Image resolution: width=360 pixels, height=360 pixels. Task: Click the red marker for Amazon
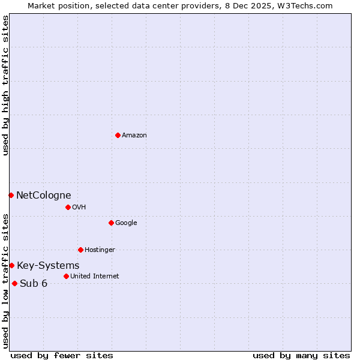pos(118,135)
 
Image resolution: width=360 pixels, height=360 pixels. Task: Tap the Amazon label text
pos(134,136)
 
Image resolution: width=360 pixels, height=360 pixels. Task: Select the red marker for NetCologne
pos(11,195)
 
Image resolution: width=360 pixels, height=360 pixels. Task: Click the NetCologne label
pos(43,195)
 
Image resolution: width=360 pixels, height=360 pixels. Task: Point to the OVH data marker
pos(68,207)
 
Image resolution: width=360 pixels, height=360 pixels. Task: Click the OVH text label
pos(79,208)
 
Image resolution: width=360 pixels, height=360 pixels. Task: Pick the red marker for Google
pos(111,223)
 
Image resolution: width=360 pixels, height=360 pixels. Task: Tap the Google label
pos(126,223)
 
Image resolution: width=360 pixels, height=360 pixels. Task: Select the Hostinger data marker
pos(80,250)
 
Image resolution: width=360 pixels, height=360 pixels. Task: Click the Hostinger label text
pos(100,250)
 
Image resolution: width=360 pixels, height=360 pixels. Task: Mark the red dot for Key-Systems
pos(11,265)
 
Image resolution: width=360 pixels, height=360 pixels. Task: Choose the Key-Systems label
pos(48,266)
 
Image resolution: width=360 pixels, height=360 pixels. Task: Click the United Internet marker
pos(66,276)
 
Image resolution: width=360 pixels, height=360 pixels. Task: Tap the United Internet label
pos(94,277)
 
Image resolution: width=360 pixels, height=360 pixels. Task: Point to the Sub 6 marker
pos(14,283)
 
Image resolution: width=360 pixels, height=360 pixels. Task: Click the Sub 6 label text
pos(34,284)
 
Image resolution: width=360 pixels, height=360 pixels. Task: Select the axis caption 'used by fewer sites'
pos(62,355)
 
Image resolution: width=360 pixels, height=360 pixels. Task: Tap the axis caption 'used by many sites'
pos(301,355)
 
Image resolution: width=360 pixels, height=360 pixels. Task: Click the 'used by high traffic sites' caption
pos(5,85)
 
